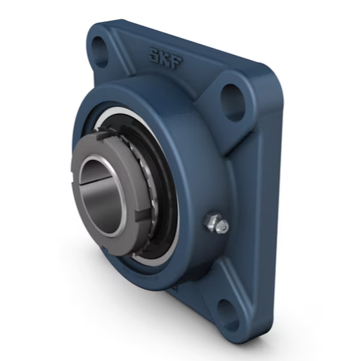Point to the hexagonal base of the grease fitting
click(210, 221)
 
